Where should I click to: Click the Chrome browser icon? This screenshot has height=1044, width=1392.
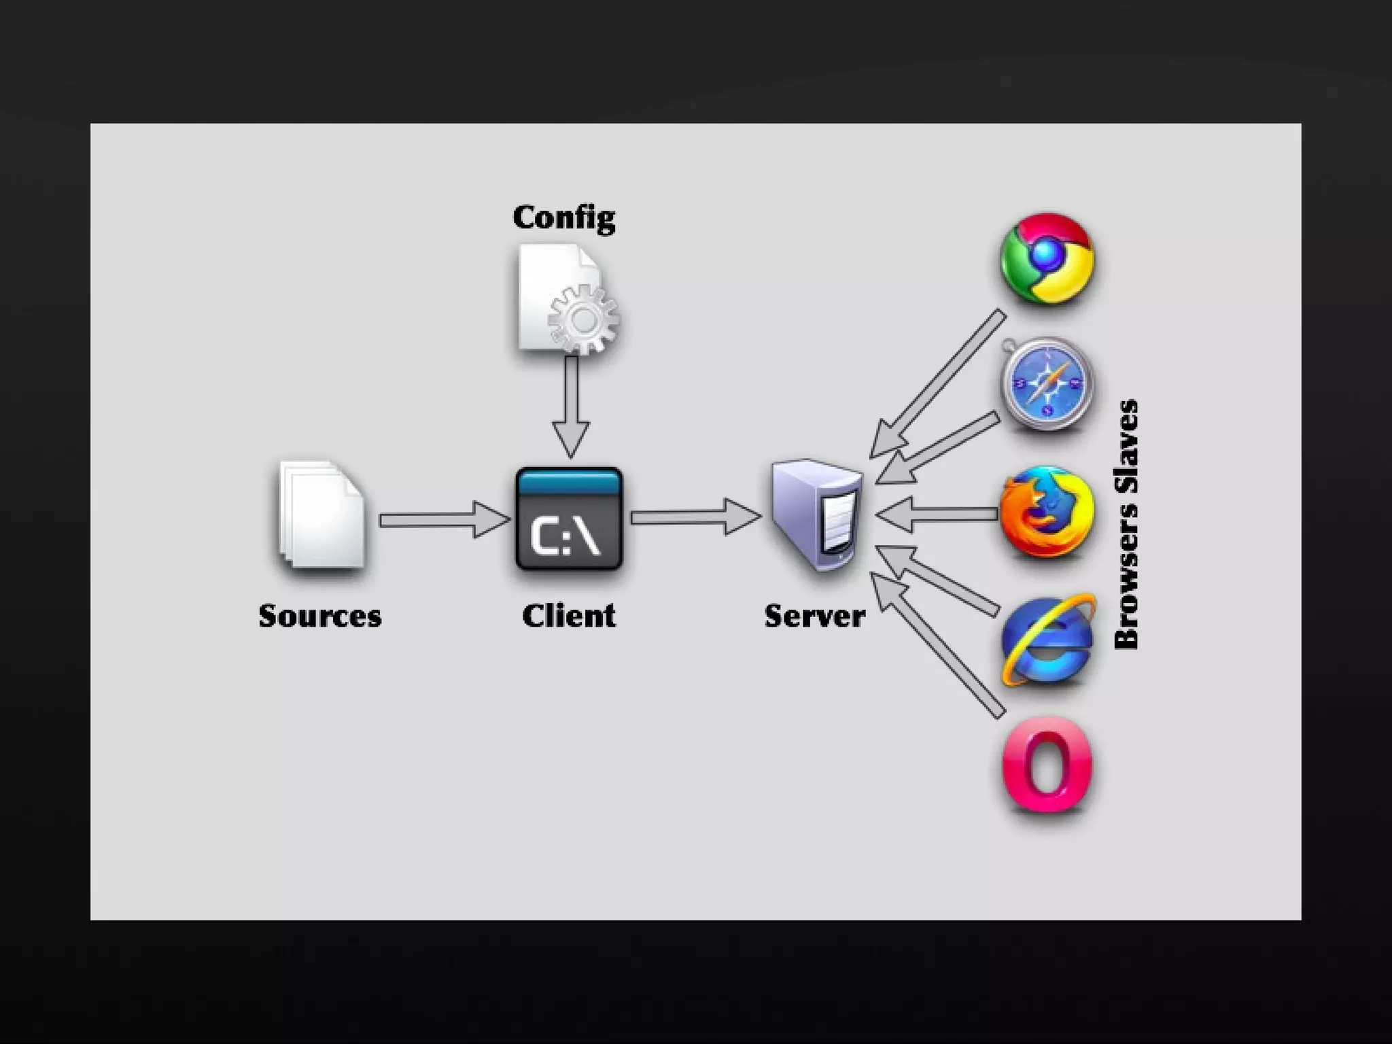1047,258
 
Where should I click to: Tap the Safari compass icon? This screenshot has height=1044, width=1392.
1047,385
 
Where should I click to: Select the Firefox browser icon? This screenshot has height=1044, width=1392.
1047,512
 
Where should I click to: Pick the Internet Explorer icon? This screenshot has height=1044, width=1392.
1047,641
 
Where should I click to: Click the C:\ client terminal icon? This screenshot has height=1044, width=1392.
569,519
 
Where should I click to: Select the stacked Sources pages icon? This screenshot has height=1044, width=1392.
321,515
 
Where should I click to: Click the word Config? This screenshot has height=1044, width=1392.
564,217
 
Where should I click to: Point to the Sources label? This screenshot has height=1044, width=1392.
319,616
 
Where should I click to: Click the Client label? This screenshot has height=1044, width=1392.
569,616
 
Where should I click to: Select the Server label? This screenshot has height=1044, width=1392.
814,616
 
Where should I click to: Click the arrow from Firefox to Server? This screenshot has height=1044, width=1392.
938,514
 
